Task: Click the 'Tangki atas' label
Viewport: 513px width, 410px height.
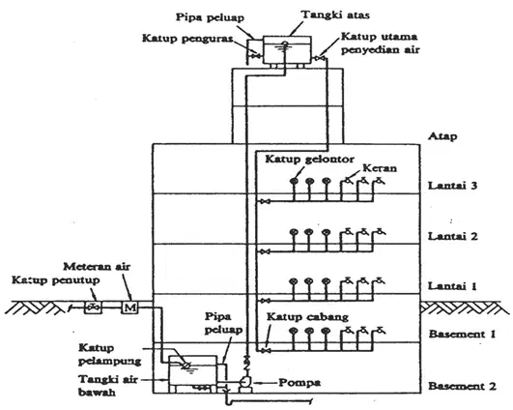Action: pos(335,15)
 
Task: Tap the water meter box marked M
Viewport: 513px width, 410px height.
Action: pos(129,307)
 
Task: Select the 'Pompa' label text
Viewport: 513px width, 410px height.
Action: pos(299,383)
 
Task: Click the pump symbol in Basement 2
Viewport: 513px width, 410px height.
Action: pos(245,383)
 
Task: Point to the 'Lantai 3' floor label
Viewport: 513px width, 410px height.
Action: pos(453,186)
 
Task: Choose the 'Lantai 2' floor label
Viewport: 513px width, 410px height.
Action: pos(453,236)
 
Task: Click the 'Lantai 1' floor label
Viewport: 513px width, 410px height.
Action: pos(452,286)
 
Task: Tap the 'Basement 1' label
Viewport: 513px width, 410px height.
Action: pos(462,334)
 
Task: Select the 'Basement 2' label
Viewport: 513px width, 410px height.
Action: pos(462,386)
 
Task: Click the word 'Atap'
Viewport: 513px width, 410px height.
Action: pos(442,136)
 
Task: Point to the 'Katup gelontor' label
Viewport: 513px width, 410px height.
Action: pos(309,160)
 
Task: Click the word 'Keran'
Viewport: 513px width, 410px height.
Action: pos(380,168)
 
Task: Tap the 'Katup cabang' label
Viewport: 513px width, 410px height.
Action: pos(307,317)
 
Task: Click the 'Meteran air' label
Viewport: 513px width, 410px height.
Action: pos(97,267)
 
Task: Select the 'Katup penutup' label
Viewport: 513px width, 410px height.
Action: pos(56,280)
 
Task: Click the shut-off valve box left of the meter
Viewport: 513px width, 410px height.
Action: pos(94,307)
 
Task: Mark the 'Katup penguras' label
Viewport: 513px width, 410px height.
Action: pos(187,39)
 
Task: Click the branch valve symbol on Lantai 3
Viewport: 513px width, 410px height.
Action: pos(265,202)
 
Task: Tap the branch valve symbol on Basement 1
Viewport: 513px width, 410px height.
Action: pos(266,351)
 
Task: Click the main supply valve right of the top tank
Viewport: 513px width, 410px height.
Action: pos(319,59)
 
